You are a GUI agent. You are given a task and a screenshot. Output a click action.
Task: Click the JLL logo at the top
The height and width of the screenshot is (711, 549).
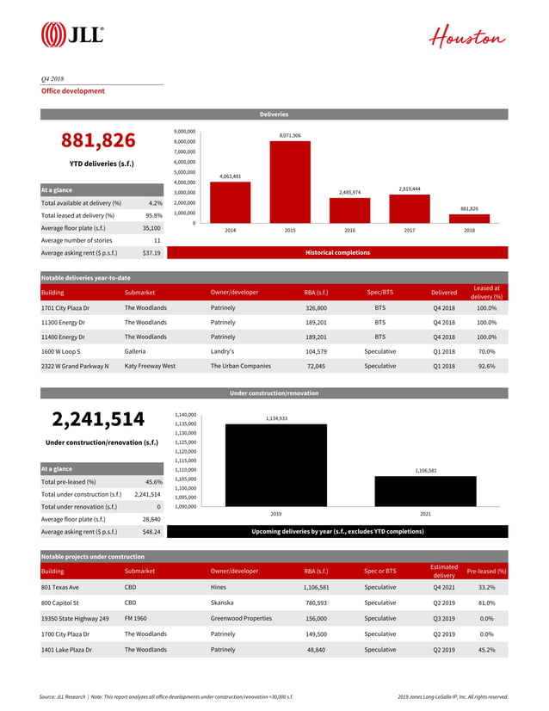[72, 34]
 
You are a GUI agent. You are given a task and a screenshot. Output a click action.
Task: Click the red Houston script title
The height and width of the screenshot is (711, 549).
[468, 38]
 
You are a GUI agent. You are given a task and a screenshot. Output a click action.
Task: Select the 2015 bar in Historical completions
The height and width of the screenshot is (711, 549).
[290, 182]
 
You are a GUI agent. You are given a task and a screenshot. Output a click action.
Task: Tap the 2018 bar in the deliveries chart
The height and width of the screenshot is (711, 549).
[469, 219]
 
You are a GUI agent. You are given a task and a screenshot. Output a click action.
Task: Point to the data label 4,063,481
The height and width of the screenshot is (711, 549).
[230, 176]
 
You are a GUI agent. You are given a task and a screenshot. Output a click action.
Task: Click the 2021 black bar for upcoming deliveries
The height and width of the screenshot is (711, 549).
[426, 491]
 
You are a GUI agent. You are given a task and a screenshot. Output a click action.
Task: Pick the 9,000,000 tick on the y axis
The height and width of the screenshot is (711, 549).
[185, 131]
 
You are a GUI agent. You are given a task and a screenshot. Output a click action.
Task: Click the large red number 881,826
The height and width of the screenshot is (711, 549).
[98, 140]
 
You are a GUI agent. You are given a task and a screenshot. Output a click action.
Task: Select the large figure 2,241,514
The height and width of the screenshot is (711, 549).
[98, 419]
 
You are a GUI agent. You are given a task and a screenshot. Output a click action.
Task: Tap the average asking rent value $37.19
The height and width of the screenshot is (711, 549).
[151, 253]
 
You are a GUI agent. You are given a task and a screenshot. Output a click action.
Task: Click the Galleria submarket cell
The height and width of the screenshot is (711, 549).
[135, 351]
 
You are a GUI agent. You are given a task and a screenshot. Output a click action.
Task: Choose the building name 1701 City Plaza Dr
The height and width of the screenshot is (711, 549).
[65, 306]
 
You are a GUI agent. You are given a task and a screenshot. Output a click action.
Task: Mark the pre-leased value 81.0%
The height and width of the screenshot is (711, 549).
[485, 603]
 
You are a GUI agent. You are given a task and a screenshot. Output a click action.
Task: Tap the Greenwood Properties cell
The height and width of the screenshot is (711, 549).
[241, 618]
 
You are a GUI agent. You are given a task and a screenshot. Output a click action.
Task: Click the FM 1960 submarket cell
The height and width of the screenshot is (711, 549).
[136, 618]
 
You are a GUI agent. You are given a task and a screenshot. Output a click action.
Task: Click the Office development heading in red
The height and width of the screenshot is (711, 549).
[73, 90]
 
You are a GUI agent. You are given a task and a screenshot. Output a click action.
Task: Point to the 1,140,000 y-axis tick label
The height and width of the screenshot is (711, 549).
[185, 414]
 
